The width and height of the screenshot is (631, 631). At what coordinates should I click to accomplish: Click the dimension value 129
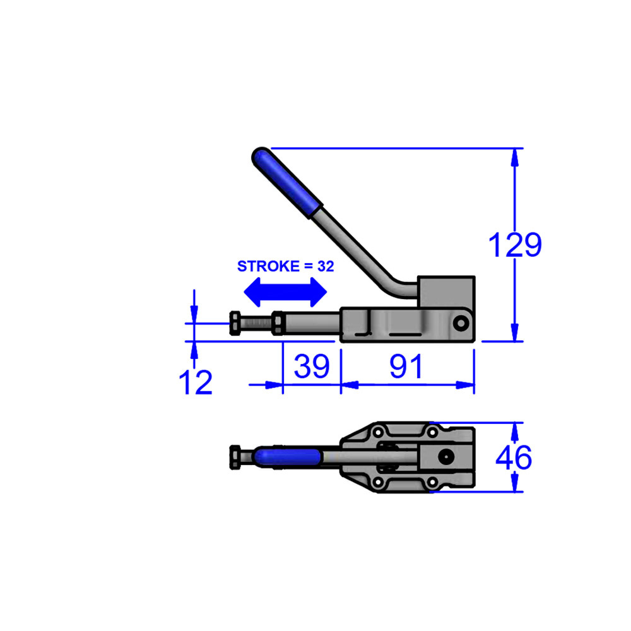click(516, 245)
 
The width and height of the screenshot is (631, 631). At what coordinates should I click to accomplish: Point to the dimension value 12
click(196, 382)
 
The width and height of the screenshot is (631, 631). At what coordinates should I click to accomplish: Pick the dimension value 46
click(513, 457)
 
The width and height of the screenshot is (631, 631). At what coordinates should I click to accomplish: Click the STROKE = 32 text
click(285, 266)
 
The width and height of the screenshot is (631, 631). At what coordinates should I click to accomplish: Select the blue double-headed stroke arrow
click(286, 292)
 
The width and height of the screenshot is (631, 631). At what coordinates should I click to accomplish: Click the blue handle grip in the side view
click(288, 181)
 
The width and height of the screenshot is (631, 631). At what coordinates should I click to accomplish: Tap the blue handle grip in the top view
click(286, 457)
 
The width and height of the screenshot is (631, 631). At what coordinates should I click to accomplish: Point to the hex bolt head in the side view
click(235, 324)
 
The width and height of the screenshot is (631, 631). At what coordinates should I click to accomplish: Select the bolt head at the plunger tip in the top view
click(235, 457)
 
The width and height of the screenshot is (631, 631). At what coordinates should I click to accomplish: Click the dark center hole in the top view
click(447, 457)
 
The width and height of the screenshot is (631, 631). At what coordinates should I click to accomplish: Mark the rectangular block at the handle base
click(445, 292)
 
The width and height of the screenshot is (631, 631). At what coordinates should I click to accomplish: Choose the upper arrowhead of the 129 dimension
click(516, 158)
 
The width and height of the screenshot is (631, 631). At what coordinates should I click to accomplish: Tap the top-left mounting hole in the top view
click(379, 433)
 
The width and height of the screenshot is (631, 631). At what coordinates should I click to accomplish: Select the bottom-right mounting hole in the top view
click(432, 482)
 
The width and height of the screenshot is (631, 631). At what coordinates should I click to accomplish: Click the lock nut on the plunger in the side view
click(278, 324)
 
